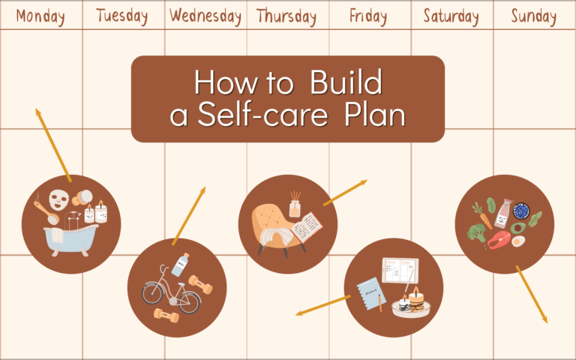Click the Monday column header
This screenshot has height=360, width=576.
point(40,16)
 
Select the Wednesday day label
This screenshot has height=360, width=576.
point(205,16)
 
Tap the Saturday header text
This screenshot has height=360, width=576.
point(451,16)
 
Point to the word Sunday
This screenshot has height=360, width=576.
point(534,16)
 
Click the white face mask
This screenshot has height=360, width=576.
point(58,200)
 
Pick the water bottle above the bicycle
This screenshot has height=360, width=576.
point(180,265)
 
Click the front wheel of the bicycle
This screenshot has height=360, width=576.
point(189,301)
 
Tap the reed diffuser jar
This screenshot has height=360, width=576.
point(295,205)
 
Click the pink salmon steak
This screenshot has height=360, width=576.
point(499,239)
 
